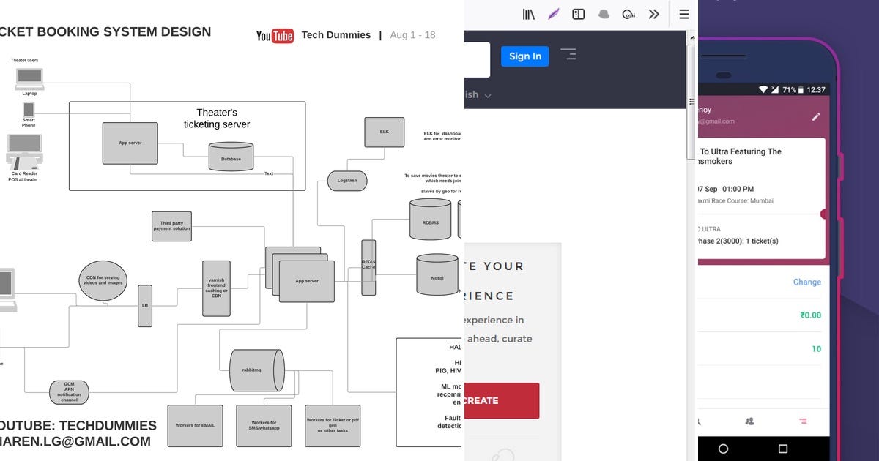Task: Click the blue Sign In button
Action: (x=524, y=56)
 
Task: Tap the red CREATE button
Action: (x=501, y=400)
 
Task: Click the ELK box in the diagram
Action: (x=385, y=132)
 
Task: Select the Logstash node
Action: (x=347, y=180)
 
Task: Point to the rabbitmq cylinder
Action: (x=256, y=370)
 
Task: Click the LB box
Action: (x=145, y=305)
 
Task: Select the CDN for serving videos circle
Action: (x=103, y=281)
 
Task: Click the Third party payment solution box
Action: (x=171, y=226)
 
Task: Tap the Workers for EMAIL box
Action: (x=195, y=425)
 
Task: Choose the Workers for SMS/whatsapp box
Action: (x=264, y=425)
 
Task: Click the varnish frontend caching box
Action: (x=216, y=288)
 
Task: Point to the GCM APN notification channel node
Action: (x=69, y=392)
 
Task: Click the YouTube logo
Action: (x=275, y=35)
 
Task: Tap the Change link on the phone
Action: (x=806, y=282)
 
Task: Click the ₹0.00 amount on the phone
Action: (x=810, y=315)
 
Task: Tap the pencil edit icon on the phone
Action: (x=816, y=116)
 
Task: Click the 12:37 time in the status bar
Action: (x=815, y=90)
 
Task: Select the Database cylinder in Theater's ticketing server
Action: (x=231, y=156)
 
